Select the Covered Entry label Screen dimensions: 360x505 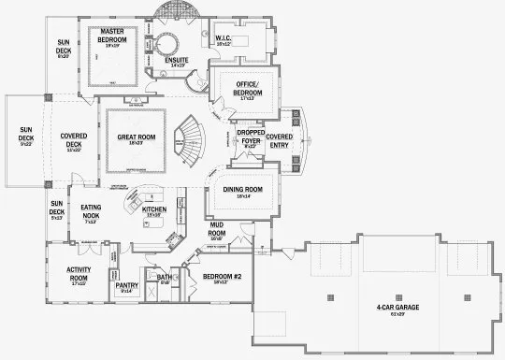click(280, 140)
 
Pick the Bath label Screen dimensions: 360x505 click(165, 278)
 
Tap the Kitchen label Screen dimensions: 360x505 click(154, 209)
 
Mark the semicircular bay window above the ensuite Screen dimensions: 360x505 click(176, 9)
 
